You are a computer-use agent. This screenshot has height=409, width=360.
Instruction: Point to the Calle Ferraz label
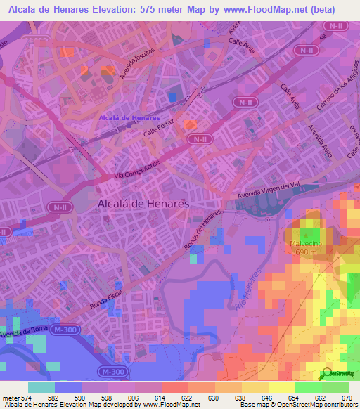click(157, 127)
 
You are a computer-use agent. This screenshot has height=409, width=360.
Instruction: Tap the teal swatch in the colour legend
click(41, 387)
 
